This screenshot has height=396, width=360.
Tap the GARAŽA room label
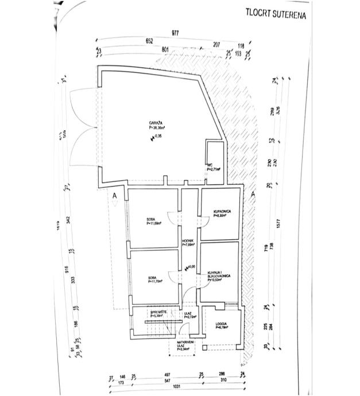tap(156, 125)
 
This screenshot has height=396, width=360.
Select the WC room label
tap(211, 165)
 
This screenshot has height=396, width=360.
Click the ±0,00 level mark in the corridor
tap(191, 266)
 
